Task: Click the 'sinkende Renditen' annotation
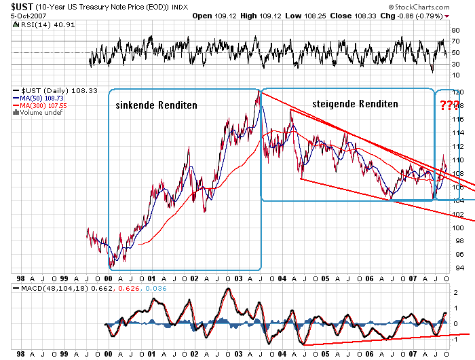pyautogui.click(x=156, y=105)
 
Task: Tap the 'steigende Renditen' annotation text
pyautogui.click(x=355, y=104)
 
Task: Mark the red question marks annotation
pyautogui.click(x=449, y=105)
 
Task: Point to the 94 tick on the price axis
pyautogui.click(x=458, y=268)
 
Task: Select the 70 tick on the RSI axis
pyautogui.click(x=458, y=41)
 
